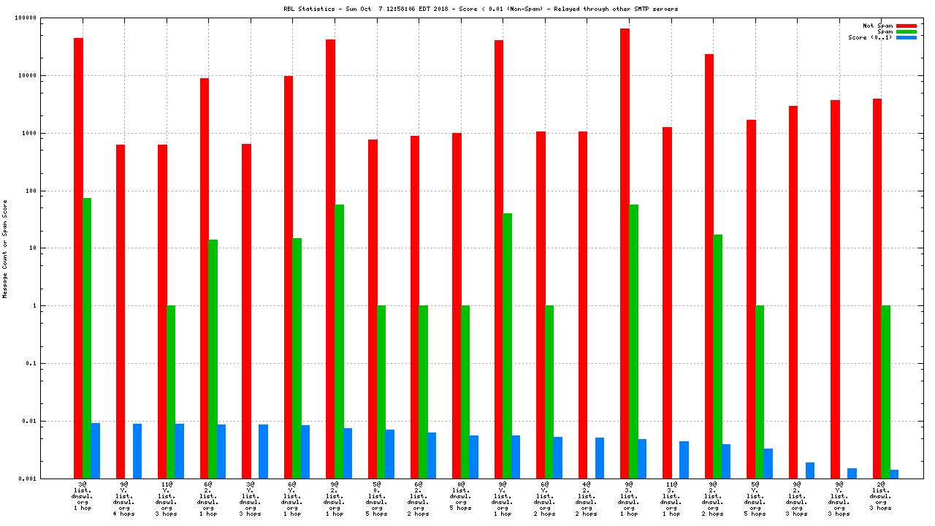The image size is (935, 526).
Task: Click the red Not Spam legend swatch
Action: [x=907, y=26]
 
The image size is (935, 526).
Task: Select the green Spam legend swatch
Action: [x=907, y=31]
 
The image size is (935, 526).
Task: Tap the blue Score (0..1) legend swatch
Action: [x=907, y=37]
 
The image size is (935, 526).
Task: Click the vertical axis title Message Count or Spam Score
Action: [x=5, y=248]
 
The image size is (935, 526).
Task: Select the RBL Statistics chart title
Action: [x=481, y=9]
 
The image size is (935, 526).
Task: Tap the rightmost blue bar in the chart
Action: [x=894, y=474]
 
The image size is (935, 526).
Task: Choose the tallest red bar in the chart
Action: [x=625, y=253]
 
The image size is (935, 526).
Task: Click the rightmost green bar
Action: [x=885, y=392]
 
